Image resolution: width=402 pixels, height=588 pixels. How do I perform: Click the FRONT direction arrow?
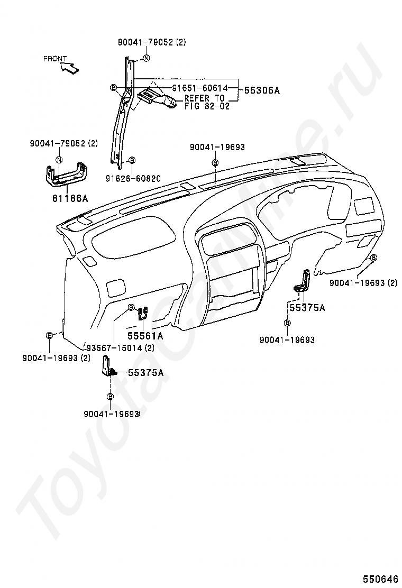70,68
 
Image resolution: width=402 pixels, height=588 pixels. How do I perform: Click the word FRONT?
55,59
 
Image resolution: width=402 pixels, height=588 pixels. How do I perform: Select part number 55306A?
262,90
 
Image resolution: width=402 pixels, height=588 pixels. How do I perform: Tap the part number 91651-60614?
200,88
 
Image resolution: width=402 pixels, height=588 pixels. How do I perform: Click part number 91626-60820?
133,179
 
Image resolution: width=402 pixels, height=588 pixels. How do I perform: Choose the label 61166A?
70,198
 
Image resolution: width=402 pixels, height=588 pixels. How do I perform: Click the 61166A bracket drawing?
67,174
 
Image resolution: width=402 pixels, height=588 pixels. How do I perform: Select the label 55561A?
145,336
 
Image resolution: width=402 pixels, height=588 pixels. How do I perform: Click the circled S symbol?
131,308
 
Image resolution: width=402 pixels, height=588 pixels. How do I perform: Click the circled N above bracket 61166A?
59,160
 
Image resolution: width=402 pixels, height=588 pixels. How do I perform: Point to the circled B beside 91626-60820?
132,161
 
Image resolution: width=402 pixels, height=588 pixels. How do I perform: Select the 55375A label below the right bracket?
307,308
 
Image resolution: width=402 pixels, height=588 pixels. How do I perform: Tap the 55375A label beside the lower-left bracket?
146,373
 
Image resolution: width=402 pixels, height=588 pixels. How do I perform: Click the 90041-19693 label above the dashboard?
217,148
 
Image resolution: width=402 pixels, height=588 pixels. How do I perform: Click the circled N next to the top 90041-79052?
146,58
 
